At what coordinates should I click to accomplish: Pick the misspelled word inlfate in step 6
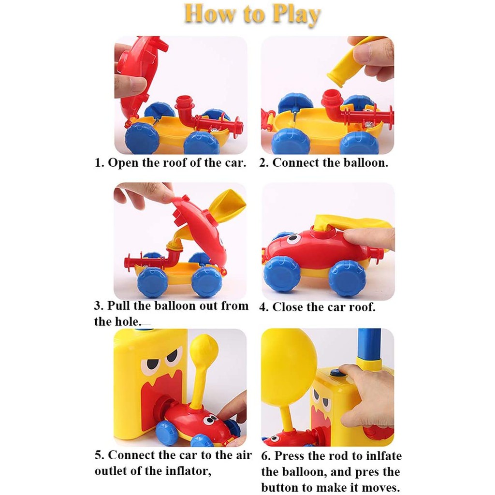coord(383,456)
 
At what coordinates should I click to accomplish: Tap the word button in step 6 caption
coord(280,487)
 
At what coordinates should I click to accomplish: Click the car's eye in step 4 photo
coord(293,238)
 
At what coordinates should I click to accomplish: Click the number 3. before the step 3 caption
coord(99,306)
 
